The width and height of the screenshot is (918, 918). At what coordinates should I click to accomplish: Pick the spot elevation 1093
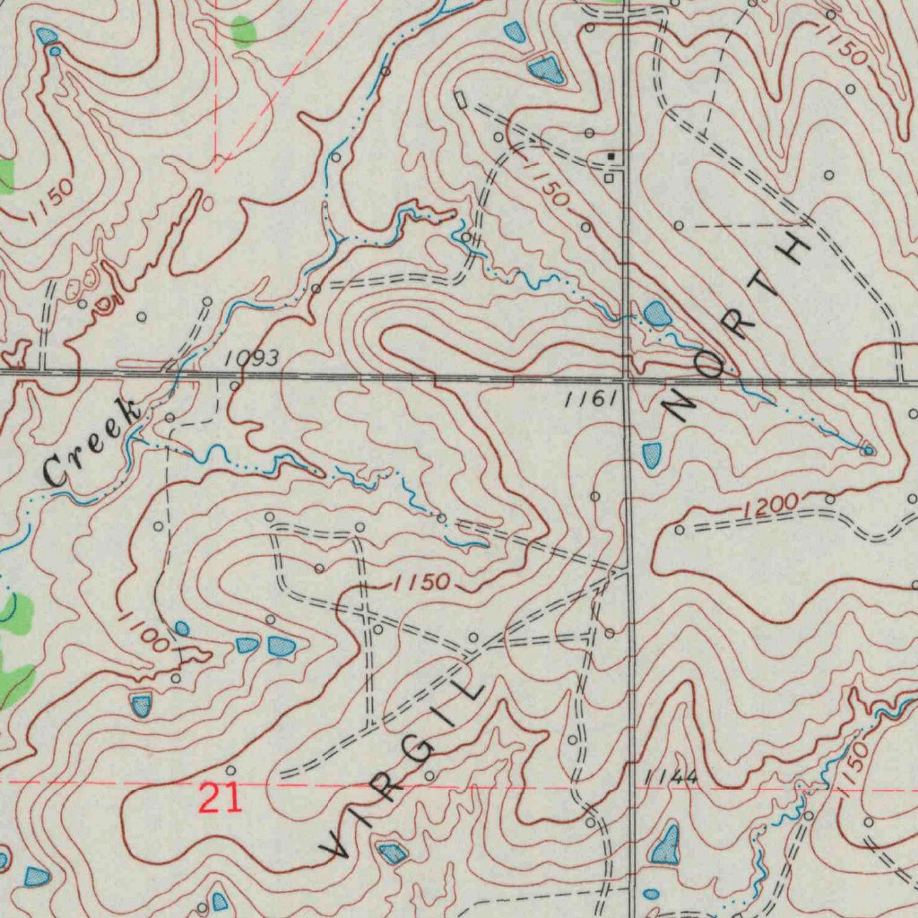point(251,359)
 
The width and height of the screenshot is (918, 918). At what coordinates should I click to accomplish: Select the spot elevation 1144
point(671,776)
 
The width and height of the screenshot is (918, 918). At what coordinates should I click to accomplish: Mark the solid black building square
point(611,157)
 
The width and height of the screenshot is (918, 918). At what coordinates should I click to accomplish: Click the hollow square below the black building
point(609,178)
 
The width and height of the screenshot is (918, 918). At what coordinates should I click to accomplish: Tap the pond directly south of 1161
point(652,455)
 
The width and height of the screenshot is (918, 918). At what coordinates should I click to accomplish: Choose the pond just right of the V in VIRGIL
point(392,853)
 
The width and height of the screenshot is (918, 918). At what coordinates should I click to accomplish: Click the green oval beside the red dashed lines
point(243,31)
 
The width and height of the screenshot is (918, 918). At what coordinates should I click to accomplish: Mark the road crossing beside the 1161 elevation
point(628,380)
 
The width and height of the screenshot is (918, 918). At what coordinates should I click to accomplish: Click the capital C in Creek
point(56,471)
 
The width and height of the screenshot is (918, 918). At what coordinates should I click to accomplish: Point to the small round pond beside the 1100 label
point(182,628)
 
